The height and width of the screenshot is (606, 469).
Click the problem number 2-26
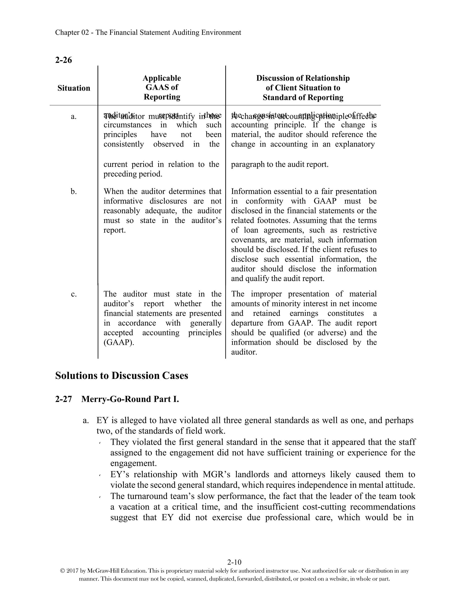click(x=63, y=60)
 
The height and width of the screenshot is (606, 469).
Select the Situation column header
click(x=74, y=88)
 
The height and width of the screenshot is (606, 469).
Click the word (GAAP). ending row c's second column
click(x=119, y=342)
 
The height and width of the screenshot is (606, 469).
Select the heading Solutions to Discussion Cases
click(x=121, y=375)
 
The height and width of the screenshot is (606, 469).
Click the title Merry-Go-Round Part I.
click(x=130, y=399)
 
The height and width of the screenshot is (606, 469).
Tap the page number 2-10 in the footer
click(x=234, y=563)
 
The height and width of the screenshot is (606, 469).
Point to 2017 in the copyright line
click(x=73, y=571)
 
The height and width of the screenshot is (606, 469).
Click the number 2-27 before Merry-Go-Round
click(x=63, y=399)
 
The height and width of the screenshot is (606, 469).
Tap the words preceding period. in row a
click(x=133, y=174)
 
